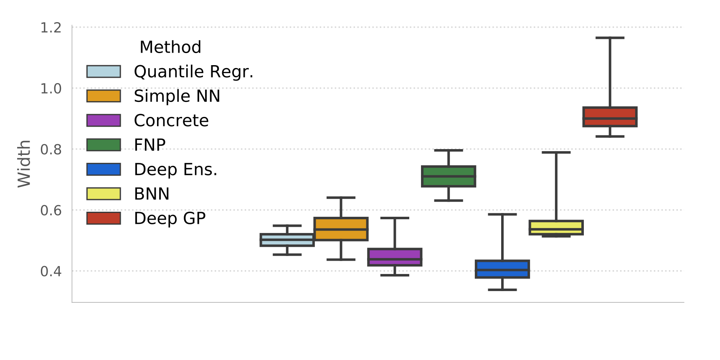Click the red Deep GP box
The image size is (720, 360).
610,117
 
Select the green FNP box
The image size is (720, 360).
449,176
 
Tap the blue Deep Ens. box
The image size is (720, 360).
502,269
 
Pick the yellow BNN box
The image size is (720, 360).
556,228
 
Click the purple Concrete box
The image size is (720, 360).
395,257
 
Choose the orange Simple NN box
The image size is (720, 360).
341,229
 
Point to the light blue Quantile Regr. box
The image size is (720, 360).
287,240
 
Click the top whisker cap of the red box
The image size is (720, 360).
610,38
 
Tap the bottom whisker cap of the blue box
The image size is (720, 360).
502,289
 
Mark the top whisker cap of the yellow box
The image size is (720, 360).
556,152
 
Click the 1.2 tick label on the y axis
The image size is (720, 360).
51,28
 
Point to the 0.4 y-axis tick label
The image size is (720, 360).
51,271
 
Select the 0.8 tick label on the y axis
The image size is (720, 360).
51,150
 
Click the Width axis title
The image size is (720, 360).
24,164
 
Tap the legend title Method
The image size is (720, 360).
170,47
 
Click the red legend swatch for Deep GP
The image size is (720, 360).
104,218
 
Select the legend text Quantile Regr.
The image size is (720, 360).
193,72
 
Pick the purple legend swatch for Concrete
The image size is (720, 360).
104,120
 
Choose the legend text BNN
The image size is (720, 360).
152,194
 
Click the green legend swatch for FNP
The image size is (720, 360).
104,145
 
